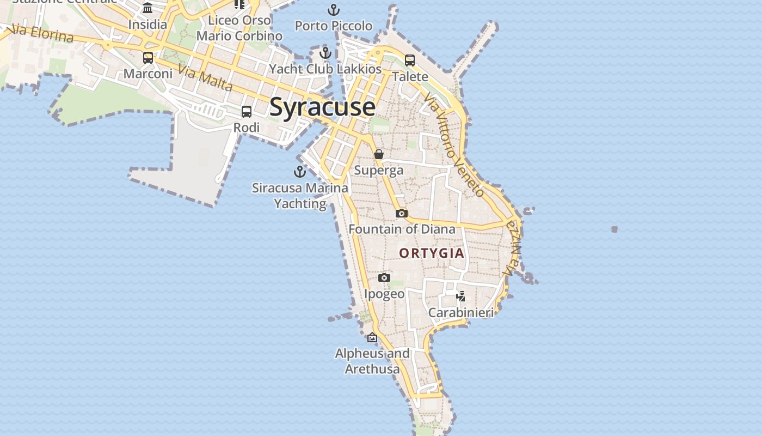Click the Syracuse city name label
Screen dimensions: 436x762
click(322, 107)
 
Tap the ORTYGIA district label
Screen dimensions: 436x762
click(432, 253)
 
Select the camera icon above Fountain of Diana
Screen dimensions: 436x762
click(402, 213)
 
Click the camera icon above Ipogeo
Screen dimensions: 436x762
click(384, 278)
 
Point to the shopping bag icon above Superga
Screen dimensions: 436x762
click(379, 154)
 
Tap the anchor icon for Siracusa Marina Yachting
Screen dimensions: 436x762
click(300, 172)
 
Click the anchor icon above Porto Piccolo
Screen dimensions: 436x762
click(333, 9)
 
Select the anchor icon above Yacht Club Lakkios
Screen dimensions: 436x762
click(325, 53)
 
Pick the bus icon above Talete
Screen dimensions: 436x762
click(410, 60)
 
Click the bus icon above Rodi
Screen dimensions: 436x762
click(247, 112)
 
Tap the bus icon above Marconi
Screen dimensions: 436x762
click(148, 57)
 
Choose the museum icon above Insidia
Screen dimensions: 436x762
click(148, 8)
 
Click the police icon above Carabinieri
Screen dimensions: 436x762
click(461, 296)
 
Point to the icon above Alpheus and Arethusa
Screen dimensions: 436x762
click(372, 337)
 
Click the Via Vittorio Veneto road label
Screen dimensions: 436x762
click(454, 145)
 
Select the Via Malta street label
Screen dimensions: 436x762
click(205, 78)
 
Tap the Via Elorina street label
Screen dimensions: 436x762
click(42, 33)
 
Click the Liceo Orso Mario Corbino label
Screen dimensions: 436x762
click(239, 28)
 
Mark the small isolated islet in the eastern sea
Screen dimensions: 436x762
click(614, 229)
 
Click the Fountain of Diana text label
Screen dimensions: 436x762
click(402, 229)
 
